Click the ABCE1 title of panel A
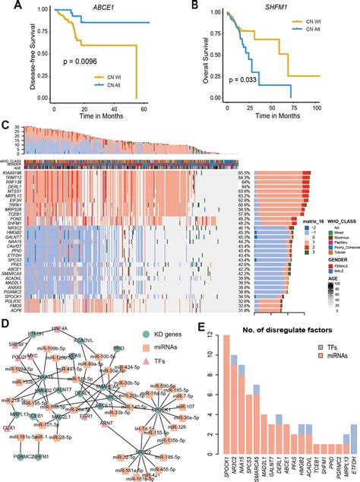[90, 7]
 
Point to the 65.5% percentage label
[244, 174]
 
